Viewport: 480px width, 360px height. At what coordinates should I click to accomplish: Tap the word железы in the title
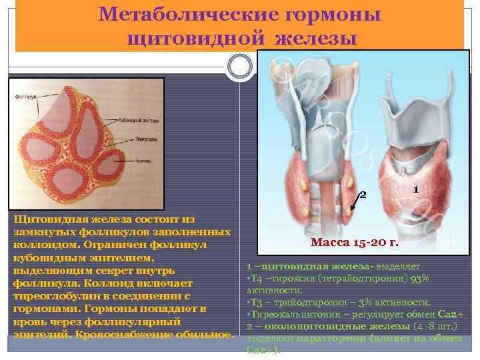click(313, 36)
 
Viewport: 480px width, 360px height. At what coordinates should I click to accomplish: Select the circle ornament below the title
click(239, 65)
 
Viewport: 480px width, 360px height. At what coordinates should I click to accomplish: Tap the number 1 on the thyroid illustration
click(415, 189)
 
